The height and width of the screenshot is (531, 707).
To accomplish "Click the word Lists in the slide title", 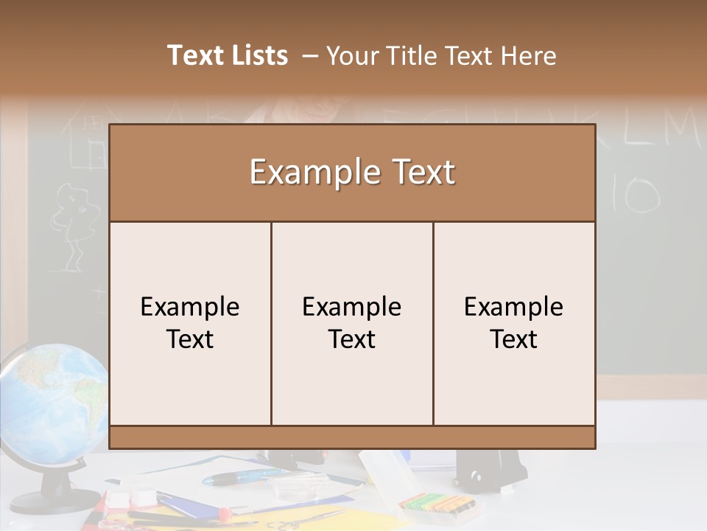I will point(257,55).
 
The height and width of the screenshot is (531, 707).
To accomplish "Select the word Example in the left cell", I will point(190,307).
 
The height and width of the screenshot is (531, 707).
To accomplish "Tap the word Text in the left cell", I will point(190,339).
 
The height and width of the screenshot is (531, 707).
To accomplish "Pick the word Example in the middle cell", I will point(352,307).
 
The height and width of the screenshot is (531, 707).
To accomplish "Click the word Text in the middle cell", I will point(352,339).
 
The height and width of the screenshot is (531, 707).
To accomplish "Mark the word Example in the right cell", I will point(514,307).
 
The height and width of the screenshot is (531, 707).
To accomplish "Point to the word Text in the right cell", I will point(514,339).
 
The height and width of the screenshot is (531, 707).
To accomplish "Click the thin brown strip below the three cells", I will point(352,437).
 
